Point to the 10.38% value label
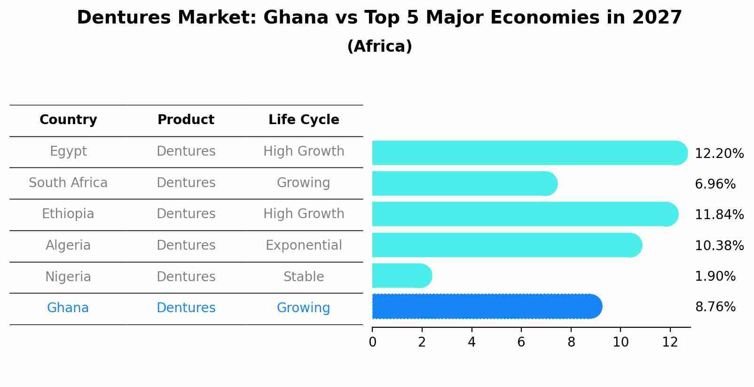[719, 246]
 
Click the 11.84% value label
[719, 215]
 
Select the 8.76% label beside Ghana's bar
[715, 307]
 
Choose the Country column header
[68, 120]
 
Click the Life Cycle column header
[304, 120]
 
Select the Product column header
[186, 120]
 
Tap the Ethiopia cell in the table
[68, 214]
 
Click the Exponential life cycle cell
[304, 245]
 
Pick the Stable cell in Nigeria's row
[304, 277]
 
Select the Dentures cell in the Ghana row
[186, 308]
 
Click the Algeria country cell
[68, 245]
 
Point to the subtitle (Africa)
[379, 47]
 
